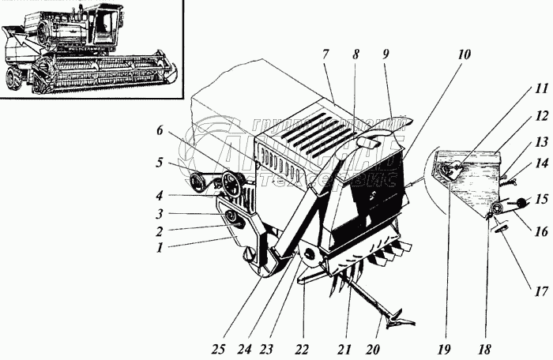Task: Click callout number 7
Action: point(325,54)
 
